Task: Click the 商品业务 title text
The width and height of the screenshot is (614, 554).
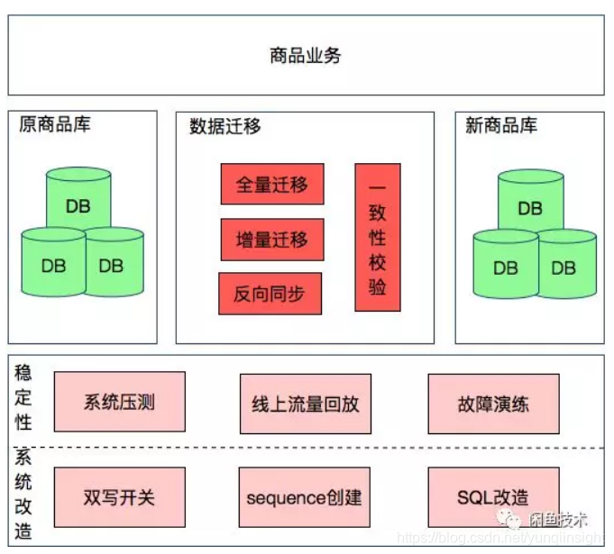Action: [306, 56]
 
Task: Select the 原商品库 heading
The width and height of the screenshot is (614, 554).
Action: [55, 124]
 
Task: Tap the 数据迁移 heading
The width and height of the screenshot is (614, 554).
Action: [225, 126]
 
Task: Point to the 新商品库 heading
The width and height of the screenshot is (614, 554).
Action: [501, 126]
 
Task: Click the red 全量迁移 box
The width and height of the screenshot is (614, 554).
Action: [272, 185]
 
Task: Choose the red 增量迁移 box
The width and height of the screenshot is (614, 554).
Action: [272, 240]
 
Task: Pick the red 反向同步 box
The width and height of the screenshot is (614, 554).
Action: [270, 294]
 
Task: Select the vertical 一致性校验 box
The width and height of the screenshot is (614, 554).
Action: [378, 237]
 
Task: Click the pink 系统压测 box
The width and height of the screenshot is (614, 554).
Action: [120, 401]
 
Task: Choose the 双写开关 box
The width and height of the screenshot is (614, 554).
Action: [120, 497]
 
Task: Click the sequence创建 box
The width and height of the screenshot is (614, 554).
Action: [305, 497]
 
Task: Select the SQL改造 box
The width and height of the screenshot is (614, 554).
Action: [493, 497]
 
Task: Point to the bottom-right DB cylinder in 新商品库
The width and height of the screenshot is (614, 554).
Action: [564, 265]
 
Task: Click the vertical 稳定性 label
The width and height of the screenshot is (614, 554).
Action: [23, 396]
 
